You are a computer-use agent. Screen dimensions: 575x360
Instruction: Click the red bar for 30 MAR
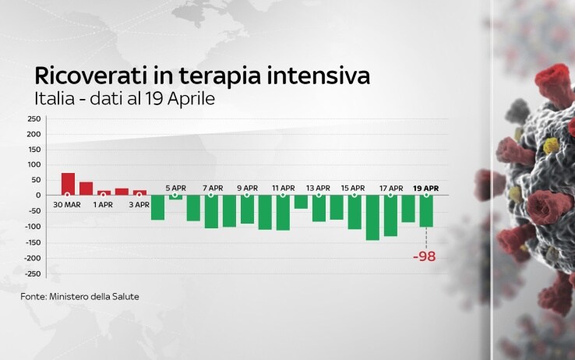tap(69, 184)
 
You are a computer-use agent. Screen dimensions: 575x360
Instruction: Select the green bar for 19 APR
tap(426, 211)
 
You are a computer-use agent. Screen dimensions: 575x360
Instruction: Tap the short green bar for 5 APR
tap(175, 197)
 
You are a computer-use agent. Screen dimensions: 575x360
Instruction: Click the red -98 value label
tap(425, 256)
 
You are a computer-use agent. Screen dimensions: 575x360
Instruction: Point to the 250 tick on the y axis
tap(34, 118)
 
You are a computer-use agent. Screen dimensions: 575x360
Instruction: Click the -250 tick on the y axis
tap(33, 274)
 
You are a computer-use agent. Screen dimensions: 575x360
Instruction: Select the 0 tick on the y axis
tap(38, 196)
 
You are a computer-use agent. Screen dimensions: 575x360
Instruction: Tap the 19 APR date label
tap(425, 189)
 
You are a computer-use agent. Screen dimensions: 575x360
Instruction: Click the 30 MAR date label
tap(67, 205)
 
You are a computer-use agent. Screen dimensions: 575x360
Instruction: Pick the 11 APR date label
tap(284, 188)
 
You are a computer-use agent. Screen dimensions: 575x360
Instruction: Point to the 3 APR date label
tap(139, 205)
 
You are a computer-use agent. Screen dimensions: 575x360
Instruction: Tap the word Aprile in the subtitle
tap(191, 99)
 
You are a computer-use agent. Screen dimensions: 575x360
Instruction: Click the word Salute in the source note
tap(127, 297)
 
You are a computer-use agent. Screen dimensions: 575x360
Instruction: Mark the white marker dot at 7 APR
tap(211, 195)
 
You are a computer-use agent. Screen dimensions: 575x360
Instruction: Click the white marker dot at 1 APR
tap(103, 195)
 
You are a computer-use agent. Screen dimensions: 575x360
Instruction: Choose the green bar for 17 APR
tap(390, 216)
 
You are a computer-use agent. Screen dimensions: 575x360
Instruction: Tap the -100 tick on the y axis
tap(33, 227)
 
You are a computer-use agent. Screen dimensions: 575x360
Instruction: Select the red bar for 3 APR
tap(139, 192)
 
